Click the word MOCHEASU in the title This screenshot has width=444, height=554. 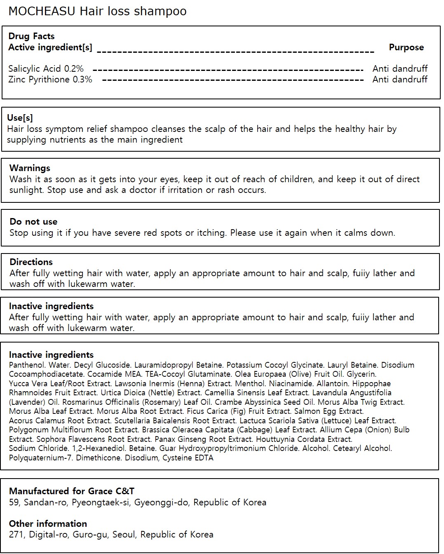pos(42,11)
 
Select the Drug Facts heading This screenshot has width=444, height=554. pos(31,36)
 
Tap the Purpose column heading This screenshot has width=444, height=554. pos(406,47)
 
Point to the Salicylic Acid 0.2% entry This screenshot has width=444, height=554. pos(46,68)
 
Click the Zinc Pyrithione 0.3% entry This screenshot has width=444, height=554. pos(50,79)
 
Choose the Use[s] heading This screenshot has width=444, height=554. pos(20,118)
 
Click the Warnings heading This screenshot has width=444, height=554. pos(30,168)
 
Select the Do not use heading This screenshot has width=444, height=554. pos(33,222)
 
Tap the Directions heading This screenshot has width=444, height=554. pos(31,262)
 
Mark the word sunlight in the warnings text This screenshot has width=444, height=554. pos(26,190)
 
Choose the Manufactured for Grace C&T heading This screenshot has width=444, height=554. pos(72,491)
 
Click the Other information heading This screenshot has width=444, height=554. pos(48,524)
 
